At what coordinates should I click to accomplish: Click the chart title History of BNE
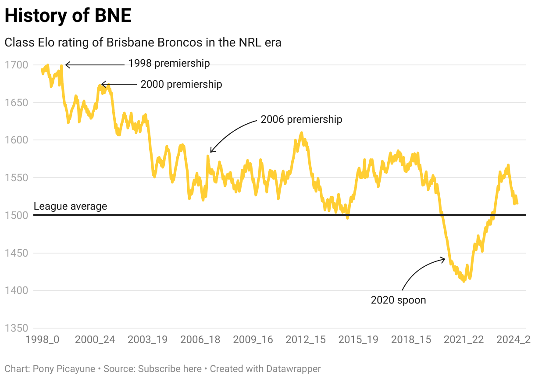point(68,16)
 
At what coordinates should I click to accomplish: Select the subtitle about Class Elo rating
point(143,43)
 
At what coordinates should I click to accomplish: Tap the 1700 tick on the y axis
point(17,65)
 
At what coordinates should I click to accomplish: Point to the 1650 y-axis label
point(17,103)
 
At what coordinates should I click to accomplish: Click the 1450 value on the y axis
point(17,253)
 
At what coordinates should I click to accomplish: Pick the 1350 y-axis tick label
point(17,328)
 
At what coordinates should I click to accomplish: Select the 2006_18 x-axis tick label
point(200,340)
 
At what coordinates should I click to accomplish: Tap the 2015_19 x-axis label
point(358,340)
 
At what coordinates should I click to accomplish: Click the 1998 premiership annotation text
point(169,63)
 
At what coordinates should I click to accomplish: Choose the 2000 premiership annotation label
point(181,84)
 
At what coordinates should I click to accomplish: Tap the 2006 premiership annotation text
point(301,119)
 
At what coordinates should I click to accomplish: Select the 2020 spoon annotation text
point(398,300)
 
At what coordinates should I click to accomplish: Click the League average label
point(70,206)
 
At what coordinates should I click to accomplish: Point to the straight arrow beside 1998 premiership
point(94,65)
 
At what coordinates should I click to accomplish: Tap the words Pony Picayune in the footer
point(64,369)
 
